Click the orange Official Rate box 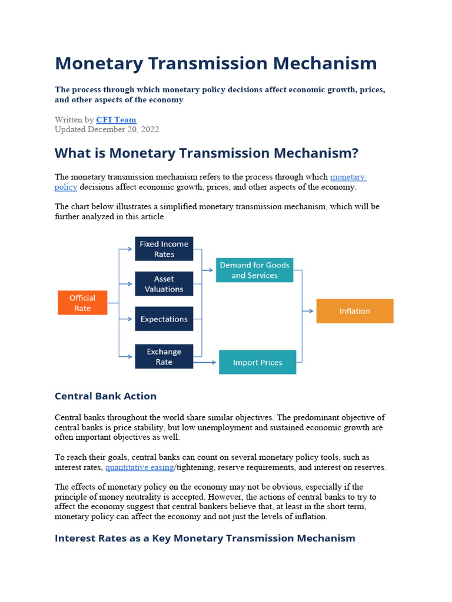coord(82,303)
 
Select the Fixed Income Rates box coord(164,249)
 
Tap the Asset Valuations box coord(164,283)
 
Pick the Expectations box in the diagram coord(164,319)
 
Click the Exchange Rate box coord(164,356)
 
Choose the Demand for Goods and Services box coord(254,270)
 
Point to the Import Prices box coord(257,362)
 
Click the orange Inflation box coord(354,311)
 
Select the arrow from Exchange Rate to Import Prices coord(206,362)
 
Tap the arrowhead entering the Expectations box coord(131,319)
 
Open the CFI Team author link coord(116,119)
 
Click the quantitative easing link coord(139,467)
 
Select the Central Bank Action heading coord(105,396)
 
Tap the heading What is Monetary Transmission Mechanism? coord(206,153)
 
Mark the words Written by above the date coord(74,119)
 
